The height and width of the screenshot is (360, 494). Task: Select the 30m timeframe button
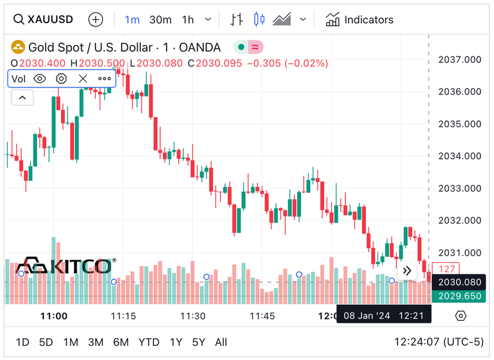[160, 19]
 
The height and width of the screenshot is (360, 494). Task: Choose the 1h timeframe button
[188, 19]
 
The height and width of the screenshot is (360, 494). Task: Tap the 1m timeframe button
[132, 19]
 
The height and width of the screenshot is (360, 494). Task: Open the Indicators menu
[359, 19]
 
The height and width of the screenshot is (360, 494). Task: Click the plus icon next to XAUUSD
[95, 19]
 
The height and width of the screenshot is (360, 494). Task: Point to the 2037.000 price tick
[459, 60]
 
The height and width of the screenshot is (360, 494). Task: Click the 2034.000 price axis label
[459, 156]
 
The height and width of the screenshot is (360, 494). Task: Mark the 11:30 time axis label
[192, 316]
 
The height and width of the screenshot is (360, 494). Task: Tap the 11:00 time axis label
[54, 316]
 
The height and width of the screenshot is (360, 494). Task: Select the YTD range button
[149, 342]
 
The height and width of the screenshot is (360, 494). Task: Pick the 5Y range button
[198, 342]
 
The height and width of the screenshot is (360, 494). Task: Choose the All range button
[221, 342]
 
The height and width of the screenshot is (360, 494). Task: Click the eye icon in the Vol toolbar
[40, 78]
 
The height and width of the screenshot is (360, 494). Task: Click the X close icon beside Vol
[82, 78]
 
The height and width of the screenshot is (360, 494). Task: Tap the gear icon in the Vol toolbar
[61, 78]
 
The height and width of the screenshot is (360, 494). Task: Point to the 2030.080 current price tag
[459, 282]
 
